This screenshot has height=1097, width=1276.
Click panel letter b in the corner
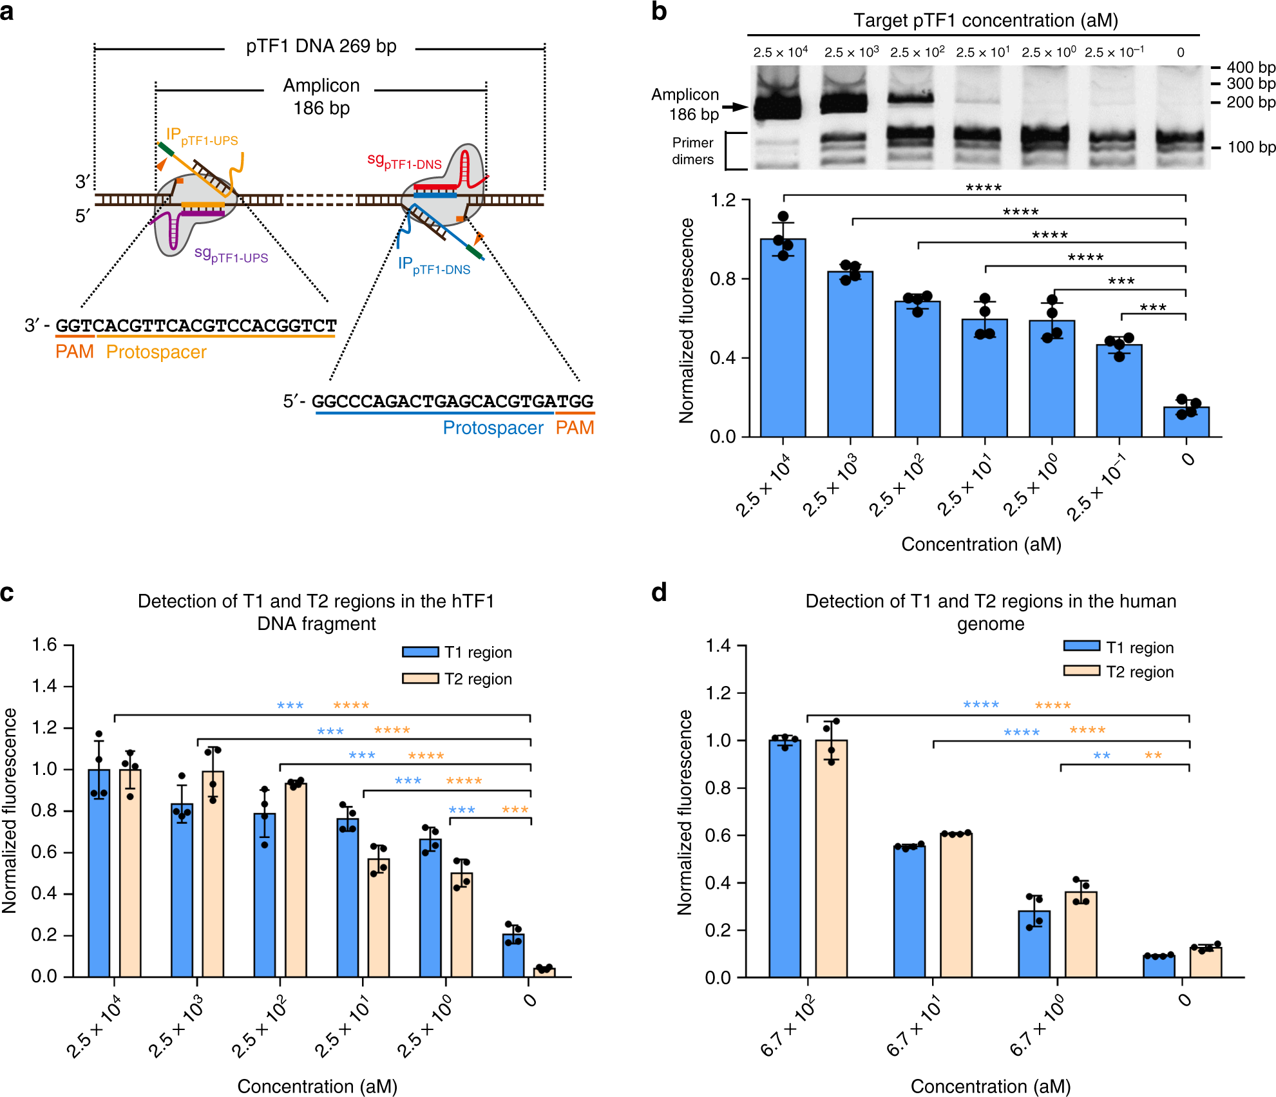(659, 12)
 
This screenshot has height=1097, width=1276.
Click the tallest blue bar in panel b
(783, 338)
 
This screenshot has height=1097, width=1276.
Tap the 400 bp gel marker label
(1250, 67)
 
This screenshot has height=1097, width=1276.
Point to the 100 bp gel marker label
(1251, 147)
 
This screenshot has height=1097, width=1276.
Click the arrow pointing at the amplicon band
(734, 107)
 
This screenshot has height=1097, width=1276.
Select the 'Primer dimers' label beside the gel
(692, 151)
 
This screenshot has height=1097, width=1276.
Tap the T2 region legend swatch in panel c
(420, 678)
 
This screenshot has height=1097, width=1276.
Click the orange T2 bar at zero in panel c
(544, 972)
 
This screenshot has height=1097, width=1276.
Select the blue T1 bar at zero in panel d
(1159, 966)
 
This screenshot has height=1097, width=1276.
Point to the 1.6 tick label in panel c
(44, 645)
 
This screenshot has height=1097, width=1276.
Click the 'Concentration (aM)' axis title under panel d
(990, 1086)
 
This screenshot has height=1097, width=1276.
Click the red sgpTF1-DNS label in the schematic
(404, 161)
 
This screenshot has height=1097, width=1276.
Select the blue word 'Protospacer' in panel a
(493, 428)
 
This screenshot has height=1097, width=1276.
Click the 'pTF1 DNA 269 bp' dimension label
(321, 46)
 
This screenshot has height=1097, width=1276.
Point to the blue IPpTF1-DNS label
(433, 265)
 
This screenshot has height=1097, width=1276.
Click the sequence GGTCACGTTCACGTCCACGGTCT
(196, 325)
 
